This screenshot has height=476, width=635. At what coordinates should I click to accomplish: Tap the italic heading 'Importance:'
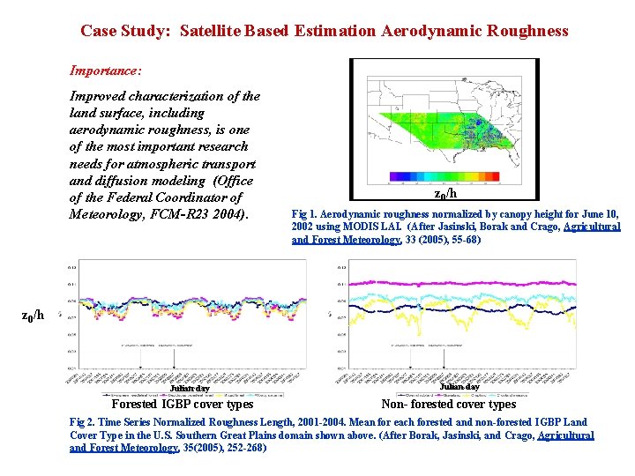coord(106,70)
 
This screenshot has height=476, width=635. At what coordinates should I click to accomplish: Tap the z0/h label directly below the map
coord(446,194)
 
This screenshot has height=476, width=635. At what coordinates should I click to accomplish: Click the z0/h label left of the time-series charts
coord(32,315)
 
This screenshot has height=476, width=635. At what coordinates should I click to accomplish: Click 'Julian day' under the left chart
coord(190,388)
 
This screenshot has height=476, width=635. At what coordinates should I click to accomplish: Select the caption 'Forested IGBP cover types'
coord(183,405)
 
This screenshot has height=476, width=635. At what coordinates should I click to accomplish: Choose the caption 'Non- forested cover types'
coord(448,405)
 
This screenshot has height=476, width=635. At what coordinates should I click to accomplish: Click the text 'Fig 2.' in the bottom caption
coord(85,423)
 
